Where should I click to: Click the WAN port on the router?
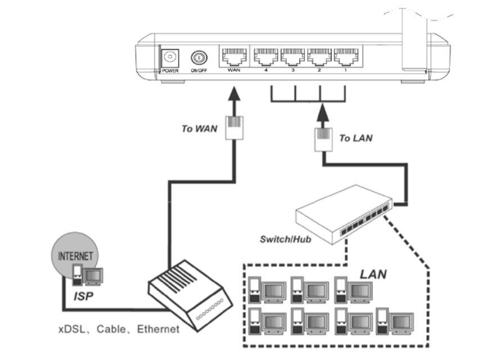pyautogui.click(x=234, y=57)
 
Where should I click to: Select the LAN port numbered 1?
pyautogui.click(x=345, y=57)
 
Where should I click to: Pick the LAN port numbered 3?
pyautogui.click(x=292, y=57)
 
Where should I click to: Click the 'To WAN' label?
pyautogui.click(x=199, y=129)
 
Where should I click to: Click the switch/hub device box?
pyautogui.click(x=343, y=217)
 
